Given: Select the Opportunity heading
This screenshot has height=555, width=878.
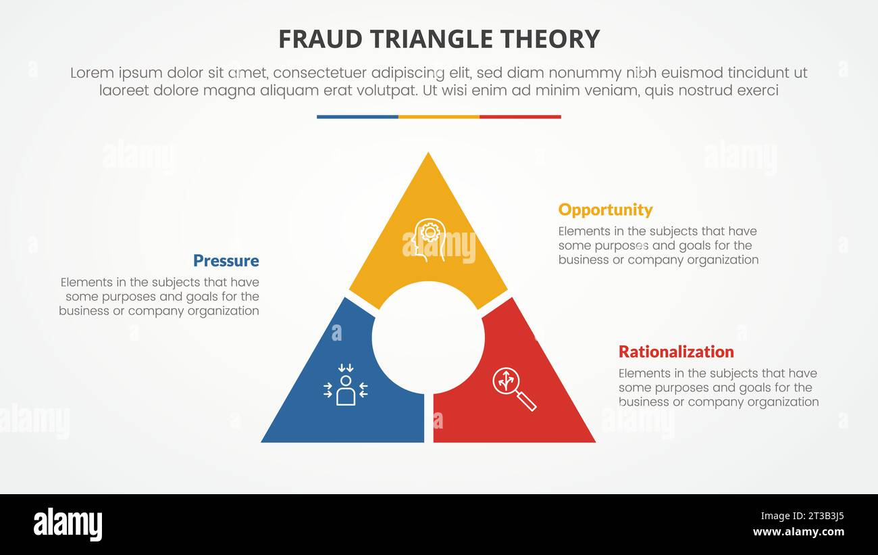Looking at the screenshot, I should (x=605, y=210).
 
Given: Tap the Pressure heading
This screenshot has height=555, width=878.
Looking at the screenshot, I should (x=226, y=261).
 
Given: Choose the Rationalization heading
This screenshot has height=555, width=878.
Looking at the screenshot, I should (x=676, y=352).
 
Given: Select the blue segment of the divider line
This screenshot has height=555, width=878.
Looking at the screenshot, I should (x=357, y=117).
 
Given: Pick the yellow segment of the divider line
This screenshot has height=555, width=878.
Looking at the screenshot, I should (x=439, y=117).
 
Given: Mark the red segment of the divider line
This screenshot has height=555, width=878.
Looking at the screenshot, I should (x=520, y=117).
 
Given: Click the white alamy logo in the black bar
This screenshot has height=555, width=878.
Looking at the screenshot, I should (x=68, y=525).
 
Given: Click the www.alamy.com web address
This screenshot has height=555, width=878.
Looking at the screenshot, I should (x=798, y=532).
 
